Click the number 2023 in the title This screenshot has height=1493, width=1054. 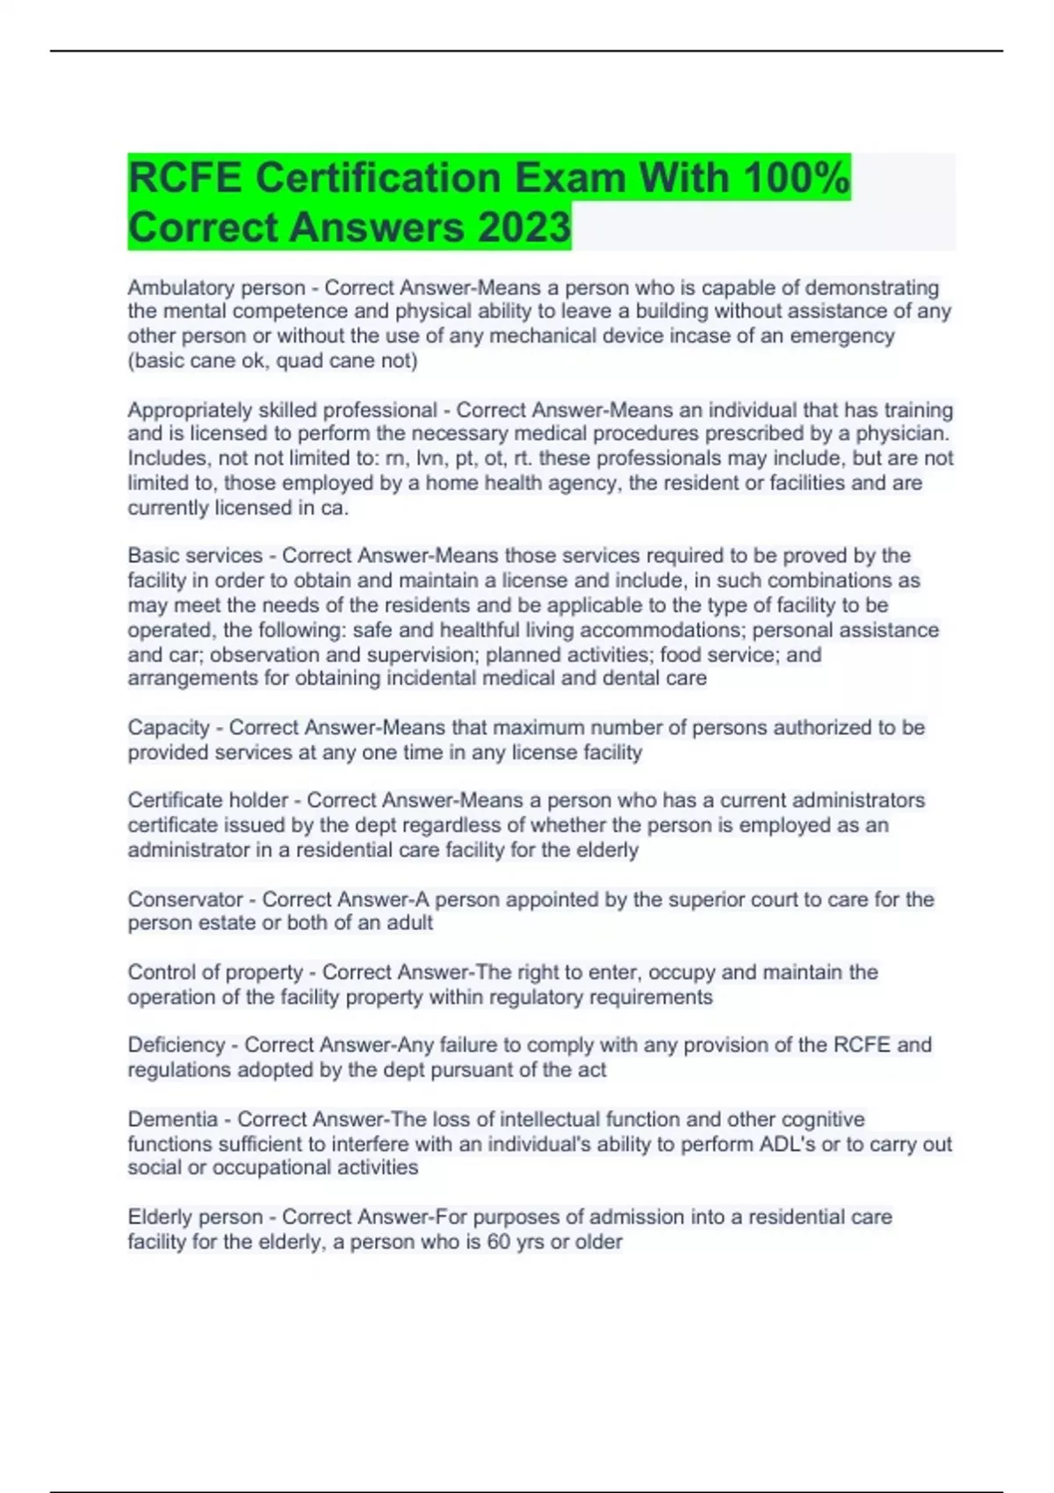(524, 227)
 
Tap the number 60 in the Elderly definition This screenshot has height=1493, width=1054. (499, 1242)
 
